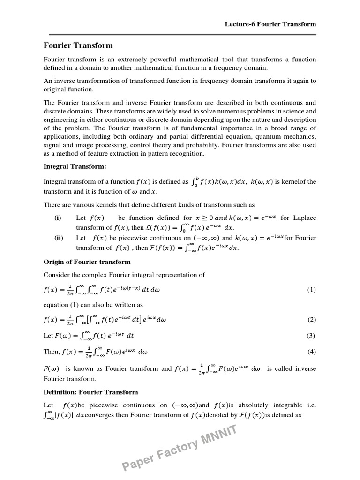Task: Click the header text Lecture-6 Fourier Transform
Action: tap(270, 24)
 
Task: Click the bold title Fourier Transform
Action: tap(78, 45)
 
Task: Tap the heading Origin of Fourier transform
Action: tap(87, 262)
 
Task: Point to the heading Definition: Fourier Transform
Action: tap(90, 392)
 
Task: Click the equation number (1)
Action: tap(311, 290)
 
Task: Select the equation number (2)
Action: tap(311, 320)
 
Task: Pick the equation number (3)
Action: tap(311, 336)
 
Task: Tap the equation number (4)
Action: tap(311, 352)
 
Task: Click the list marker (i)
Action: tap(58, 218)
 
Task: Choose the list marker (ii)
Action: tap(59, 238)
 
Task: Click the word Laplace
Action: tap(305, 218)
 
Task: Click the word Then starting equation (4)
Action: tap(52, 352)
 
